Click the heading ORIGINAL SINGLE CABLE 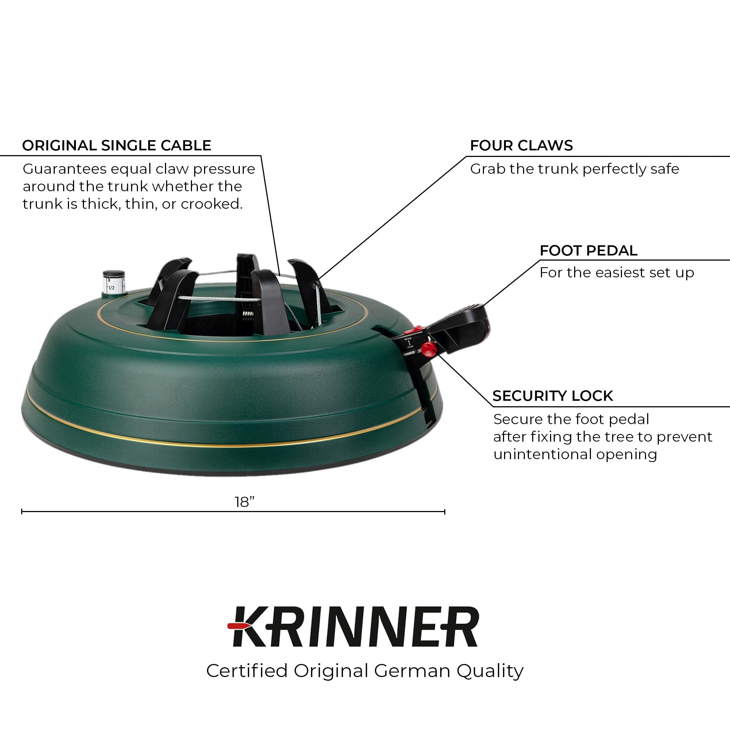click(116, 146)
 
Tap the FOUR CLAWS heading click(521, 146)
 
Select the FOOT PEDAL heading click(588, 250)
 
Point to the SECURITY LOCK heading click(552, 396)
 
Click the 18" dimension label click(245, 502)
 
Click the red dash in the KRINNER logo click(237, 626)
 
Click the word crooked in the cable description click(211, 204)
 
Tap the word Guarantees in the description click(65, 169)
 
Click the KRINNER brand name click(355, 627)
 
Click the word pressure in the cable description click(224, 169)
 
